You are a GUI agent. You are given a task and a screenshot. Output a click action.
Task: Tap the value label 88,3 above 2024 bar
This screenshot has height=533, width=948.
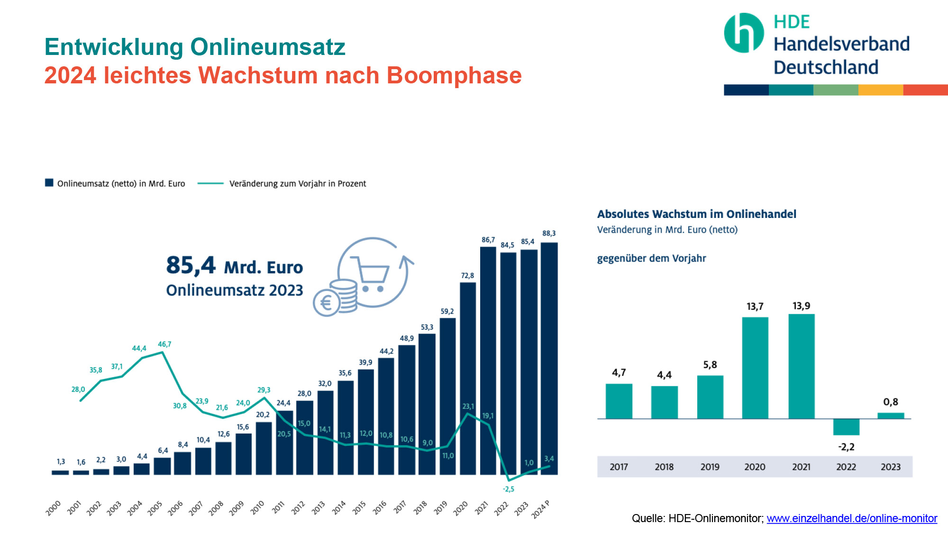[x=549, y=234]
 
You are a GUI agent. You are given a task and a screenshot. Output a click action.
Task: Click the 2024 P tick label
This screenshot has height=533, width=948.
[x=541, y=509]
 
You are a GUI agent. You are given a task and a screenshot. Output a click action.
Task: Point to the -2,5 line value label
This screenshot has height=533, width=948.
[x=508, y=489]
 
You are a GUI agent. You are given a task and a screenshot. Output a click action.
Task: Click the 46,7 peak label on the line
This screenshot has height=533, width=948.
[x=164, y=344]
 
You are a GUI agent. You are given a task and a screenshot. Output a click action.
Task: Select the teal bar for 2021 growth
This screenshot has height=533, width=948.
[x=802, y=366]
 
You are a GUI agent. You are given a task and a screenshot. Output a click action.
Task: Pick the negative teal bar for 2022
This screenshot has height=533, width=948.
[x=846, y=427]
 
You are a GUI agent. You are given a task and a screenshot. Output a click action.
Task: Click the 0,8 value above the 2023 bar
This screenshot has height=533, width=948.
[x=891, y=402]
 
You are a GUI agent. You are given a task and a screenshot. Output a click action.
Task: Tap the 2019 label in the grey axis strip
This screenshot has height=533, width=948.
[x=710, y=467]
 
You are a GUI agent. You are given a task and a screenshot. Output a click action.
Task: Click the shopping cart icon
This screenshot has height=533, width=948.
[x=370, y=274]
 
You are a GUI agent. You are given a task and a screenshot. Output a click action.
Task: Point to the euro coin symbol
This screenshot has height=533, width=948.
[x=327, y=303]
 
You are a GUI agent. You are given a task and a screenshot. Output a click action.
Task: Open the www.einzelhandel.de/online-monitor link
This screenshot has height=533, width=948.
[x=852, y=518]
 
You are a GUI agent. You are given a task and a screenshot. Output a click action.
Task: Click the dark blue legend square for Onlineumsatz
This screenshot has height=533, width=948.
[x=49, y=183]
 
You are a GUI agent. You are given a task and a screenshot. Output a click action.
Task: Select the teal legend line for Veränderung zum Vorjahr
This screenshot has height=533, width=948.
[x=210, y=183]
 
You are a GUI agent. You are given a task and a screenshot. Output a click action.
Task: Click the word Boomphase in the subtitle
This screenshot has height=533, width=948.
[x=454, y=75]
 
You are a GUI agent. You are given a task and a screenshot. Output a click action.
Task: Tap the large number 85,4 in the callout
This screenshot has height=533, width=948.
[x=191, y=265]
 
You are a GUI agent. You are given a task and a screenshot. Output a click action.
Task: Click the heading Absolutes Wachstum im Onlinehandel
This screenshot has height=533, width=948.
[x=696, y=214]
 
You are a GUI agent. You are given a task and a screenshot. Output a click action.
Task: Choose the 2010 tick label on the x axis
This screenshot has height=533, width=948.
[x=257, y=507]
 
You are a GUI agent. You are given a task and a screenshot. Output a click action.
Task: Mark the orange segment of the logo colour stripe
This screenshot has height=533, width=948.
[x=880, y=90]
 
